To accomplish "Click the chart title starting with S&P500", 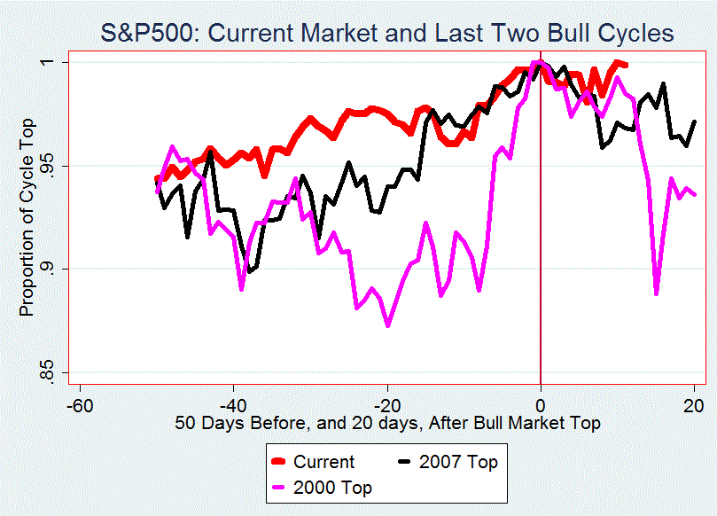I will pos(387,34).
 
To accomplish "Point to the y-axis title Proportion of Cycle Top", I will pos(27,216).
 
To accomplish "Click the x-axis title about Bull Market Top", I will pos(387,423).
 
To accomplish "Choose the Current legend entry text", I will pos(323,462).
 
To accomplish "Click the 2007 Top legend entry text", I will pos(458,462).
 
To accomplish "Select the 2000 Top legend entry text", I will pos(332,488).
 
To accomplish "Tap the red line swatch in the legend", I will pos(280,462).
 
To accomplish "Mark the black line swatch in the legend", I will pos(406,462).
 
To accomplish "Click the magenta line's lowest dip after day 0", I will pos(656,293).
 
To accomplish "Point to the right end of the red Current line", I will pos(626,65).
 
